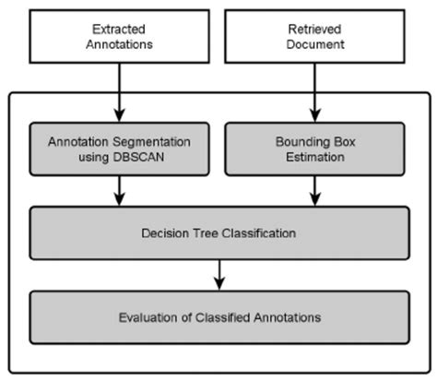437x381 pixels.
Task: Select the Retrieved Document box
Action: tap(315, 36)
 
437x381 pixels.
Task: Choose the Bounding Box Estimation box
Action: tap(315, 150)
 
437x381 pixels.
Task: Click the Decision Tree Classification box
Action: tap(218, 233)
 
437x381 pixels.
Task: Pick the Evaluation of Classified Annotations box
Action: tap(218, 317)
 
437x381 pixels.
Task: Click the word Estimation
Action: tap(315, 158)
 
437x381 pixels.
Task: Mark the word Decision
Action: tap(164, 233)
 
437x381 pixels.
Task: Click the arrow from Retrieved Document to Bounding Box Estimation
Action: tap(315, 92)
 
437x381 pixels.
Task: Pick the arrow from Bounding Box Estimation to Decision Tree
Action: tap(315, 192)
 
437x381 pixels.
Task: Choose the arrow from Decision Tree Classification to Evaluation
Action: tap(218, 275)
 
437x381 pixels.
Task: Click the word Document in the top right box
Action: tap(315, 43)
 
